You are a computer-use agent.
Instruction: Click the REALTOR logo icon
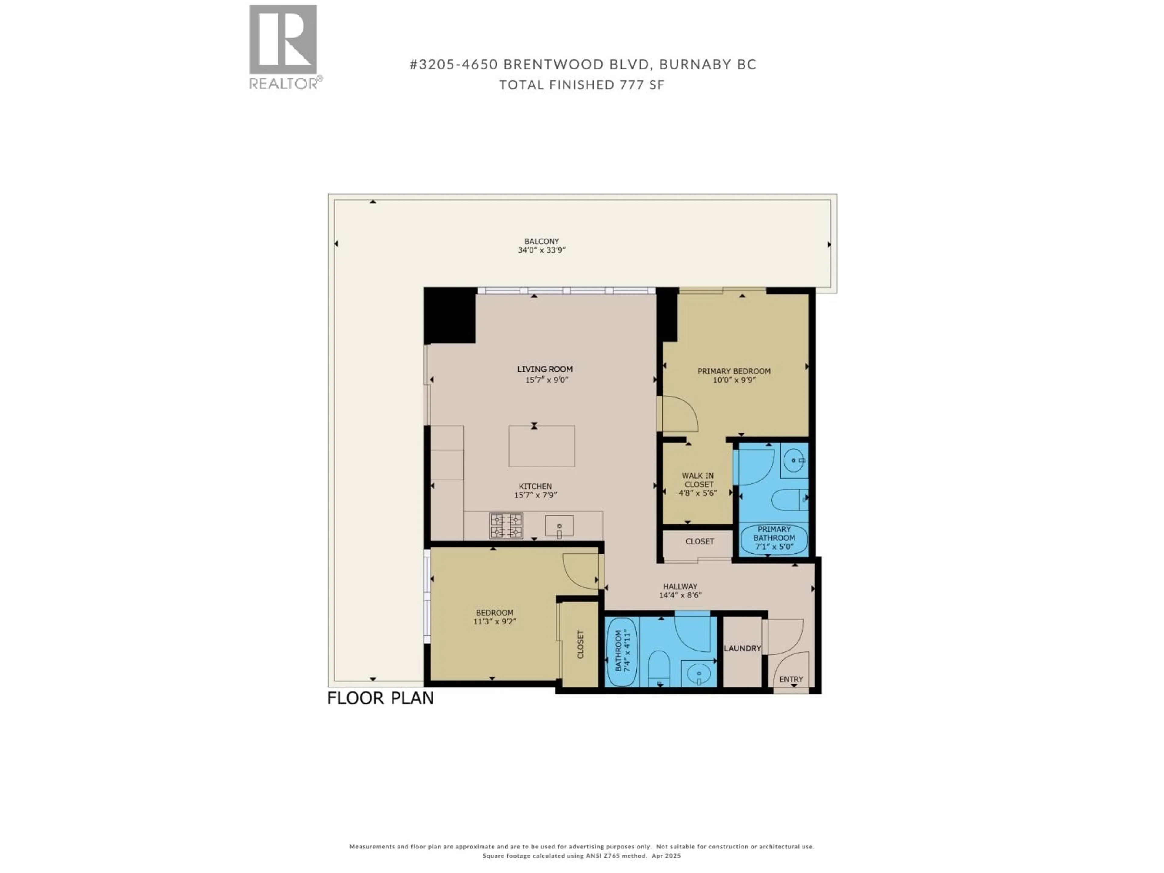(x=283, y=40)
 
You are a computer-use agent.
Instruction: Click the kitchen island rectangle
(x=541, y=446)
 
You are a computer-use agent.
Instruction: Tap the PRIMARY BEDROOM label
(x=734, y=371)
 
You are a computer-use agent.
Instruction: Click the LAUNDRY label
(x=742, y=648)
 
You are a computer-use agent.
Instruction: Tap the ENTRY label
(x=791, y=679)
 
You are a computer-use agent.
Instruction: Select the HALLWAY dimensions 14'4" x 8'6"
(x=681, y=595)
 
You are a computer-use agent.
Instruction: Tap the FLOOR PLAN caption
(x=380, y=698)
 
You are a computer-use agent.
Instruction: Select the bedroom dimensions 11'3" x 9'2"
(x=495, y=621)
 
